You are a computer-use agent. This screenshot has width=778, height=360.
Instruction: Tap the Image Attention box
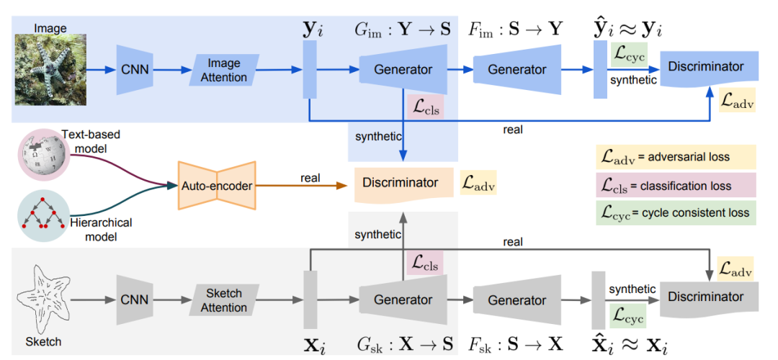coord(223,70)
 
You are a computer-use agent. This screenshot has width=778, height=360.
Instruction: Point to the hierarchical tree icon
coord(44,214)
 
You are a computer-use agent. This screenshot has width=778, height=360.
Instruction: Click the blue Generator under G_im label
coord(402,70)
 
